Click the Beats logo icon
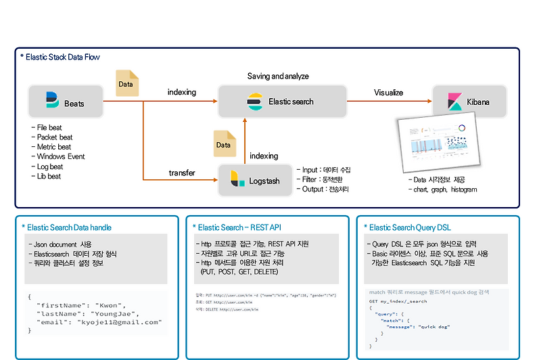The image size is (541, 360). click(x=52, y=101)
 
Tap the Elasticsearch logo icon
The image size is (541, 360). click(x=254, y=102)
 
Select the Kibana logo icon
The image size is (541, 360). click(x=454, y=102)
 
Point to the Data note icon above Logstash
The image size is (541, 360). click(x=223, y=144)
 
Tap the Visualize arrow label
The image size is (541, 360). click(x=388, y=93)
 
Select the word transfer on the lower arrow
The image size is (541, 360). click(x=182, y=173)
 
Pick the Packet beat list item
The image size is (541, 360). click(x=54, y=137)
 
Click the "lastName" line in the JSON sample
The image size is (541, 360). click(x=88, y=313)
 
